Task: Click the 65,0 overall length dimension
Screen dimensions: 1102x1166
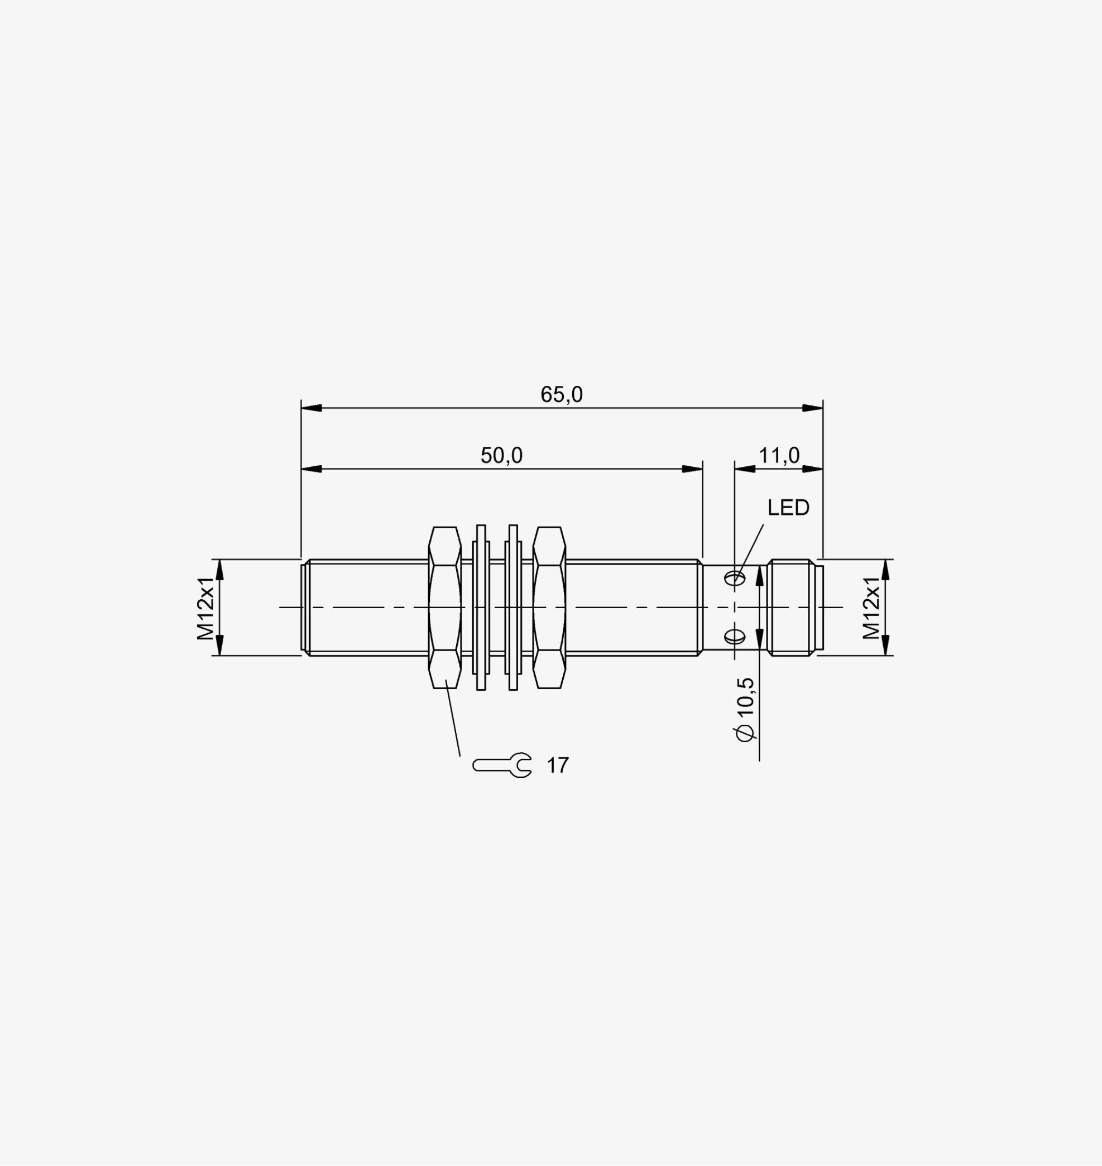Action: tap(562, 394)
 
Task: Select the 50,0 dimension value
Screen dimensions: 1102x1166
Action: tap(501, 456)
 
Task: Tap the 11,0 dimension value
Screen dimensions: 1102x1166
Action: tap(779, 456)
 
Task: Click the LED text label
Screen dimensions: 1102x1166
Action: tap(788, 508)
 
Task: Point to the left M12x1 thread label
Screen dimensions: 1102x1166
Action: tap(205, 608)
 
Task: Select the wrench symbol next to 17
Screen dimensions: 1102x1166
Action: tap(502, 765)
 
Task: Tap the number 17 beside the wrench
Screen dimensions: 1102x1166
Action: tap(558, 766)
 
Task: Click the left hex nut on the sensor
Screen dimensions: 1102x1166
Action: tap(445, 608)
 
